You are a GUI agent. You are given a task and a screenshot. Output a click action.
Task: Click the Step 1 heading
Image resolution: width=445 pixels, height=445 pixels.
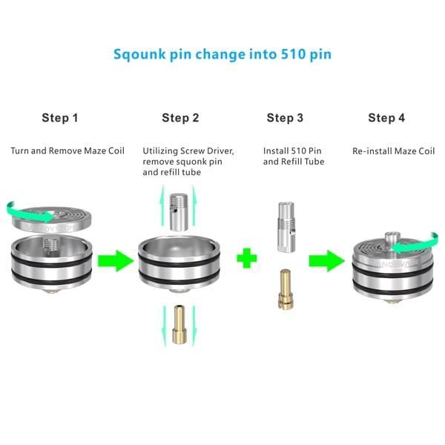coord(60,118)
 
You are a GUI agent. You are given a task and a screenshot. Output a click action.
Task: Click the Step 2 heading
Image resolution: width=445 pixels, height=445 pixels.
coord(180,118)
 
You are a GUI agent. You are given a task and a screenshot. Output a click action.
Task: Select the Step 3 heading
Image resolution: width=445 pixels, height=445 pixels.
coord(285,118)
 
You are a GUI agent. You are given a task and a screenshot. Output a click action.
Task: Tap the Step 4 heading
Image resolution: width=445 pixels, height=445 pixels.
coord(386,118)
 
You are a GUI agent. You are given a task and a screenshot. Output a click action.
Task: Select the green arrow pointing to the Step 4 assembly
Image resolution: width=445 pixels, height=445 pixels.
coord(326,260)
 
